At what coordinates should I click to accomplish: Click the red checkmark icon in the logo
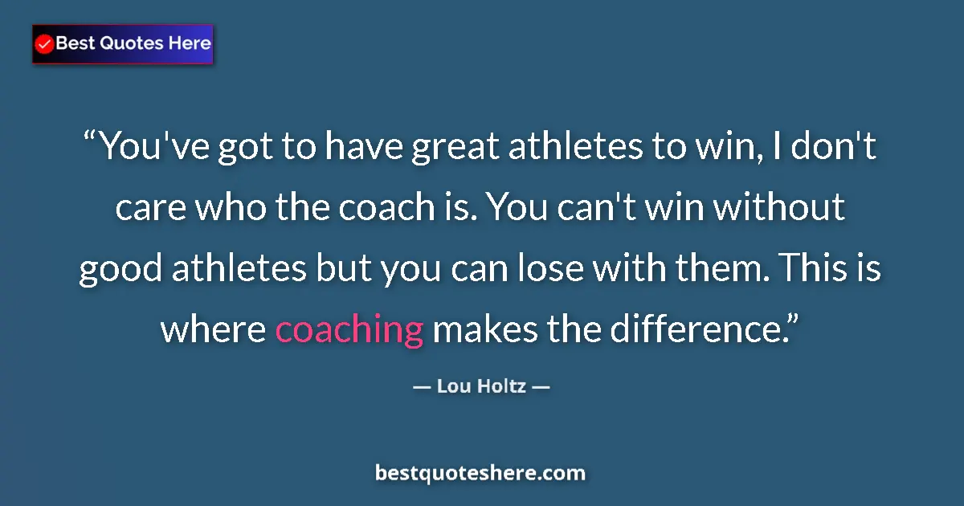tap(45, 44)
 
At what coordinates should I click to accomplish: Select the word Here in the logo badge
tap(190, 43)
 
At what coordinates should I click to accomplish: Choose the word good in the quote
tap(120, 270)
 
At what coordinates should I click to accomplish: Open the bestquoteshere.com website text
tap(480, 473)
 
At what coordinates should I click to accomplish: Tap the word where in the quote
tap(212, 329)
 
